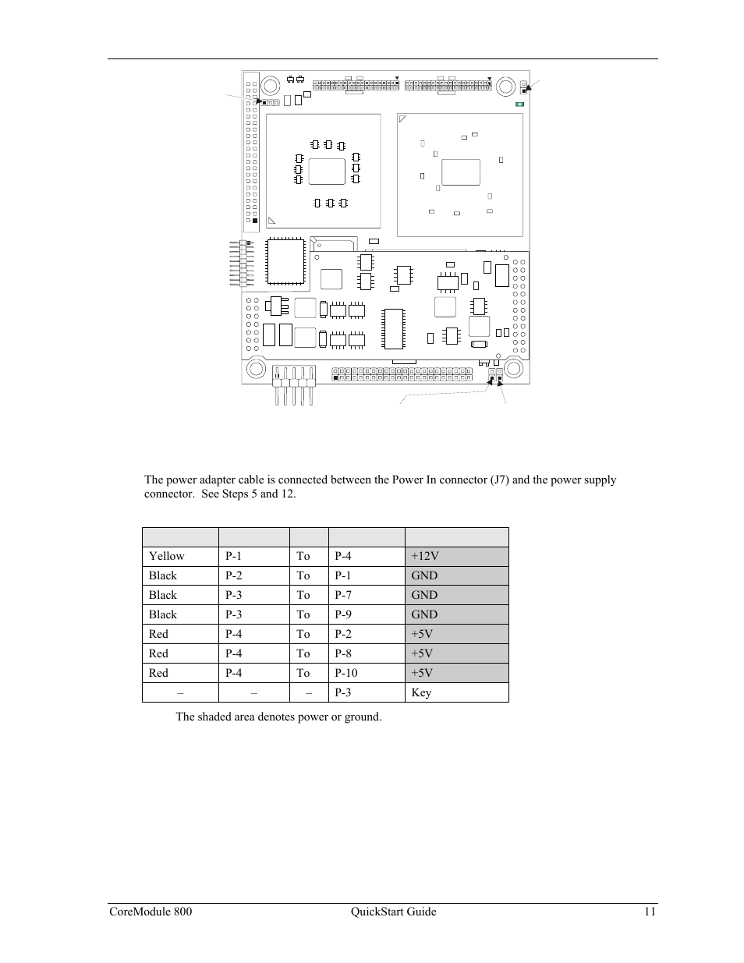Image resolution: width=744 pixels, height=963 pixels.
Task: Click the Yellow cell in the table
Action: [x=166, y=556]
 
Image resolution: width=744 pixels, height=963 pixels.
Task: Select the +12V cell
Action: [x=425, y=556]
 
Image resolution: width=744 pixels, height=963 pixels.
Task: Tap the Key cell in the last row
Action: [x=421, y=692]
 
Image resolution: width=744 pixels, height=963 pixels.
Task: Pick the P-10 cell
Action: [x=345, y=673]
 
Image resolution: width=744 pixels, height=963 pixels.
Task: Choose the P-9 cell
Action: [x=342, y=614]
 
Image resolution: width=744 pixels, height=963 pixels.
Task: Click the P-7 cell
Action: [x=342, y=595]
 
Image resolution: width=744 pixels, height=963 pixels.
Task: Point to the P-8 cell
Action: [x=342, y=653]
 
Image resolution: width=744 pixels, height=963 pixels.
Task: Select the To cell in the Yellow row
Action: [x=303, y=556]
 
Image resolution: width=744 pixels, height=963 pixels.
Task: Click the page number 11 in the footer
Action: [x=650, y=912]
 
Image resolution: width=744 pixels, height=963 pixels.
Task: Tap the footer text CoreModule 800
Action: [x=149, y=912]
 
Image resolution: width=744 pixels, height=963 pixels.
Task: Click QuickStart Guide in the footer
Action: [x=393, y=912]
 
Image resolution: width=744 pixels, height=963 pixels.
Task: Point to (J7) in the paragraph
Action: [x=499, y=480]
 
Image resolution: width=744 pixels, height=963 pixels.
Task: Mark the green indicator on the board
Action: [x=519, y=104]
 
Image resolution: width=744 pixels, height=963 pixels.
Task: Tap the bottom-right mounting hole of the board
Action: [x=513, y=367]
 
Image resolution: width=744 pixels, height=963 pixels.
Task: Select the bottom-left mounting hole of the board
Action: [x=257, y=367]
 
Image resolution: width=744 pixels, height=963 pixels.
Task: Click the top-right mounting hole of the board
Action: [x=504, y=86]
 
